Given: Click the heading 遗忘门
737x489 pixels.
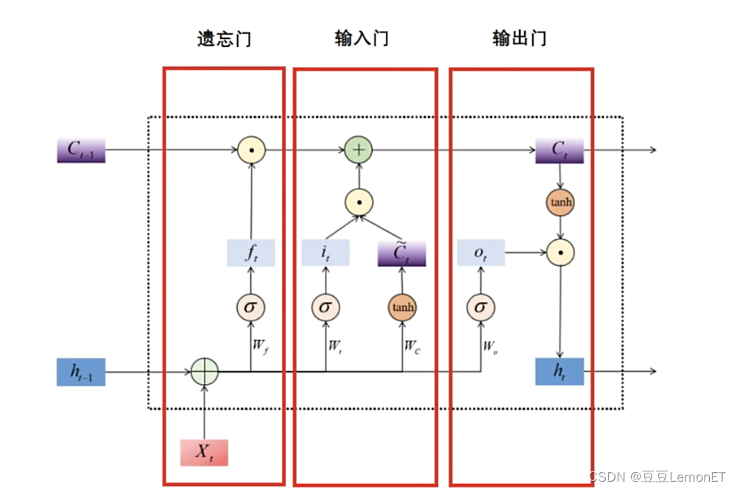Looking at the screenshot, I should (x=223, y=39).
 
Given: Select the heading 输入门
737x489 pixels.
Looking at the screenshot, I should (x=361, y=39).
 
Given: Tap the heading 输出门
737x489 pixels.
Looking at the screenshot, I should (x=519, y=39).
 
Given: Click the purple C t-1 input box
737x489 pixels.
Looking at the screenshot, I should (x=81, y=150).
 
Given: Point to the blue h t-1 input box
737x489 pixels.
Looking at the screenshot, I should (x=81, y=373).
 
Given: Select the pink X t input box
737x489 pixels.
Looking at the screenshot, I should (x=204, y=451).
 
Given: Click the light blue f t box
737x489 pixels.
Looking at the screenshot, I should (x=251, y=253).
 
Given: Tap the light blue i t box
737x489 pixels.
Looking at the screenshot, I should (x=325, y=253).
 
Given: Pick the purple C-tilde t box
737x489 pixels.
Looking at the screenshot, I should (x=402, y=253).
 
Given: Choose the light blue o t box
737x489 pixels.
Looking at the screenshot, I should (x=480, y=253).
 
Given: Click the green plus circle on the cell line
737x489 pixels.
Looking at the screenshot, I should (x=359, y=150).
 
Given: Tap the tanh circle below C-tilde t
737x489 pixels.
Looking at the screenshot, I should (x=402, y=306).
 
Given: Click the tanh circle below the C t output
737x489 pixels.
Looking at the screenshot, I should (x=560, y=201).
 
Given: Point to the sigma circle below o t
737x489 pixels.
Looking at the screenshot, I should (x=480, y=306).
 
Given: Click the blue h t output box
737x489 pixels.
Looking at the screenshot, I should (x=560, y=373).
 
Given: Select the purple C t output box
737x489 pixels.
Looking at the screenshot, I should (x=560, y=150).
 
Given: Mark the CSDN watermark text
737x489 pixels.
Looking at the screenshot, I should (x=658, y=476).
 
